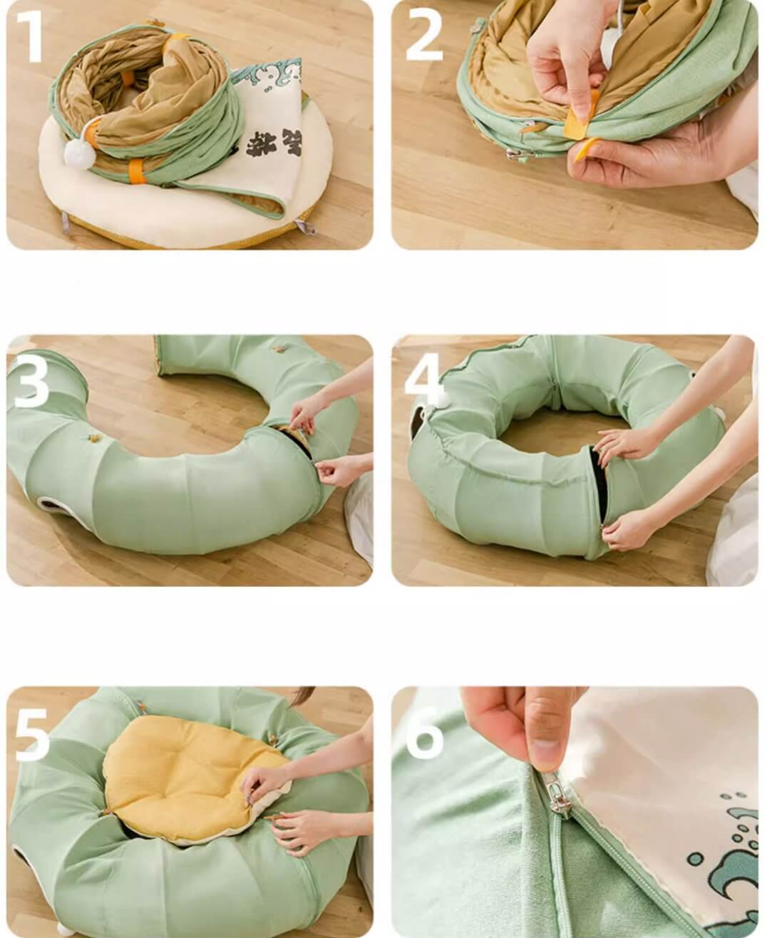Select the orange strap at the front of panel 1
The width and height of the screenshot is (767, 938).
point(138,171)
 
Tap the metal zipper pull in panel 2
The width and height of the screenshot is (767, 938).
point(514,154)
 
